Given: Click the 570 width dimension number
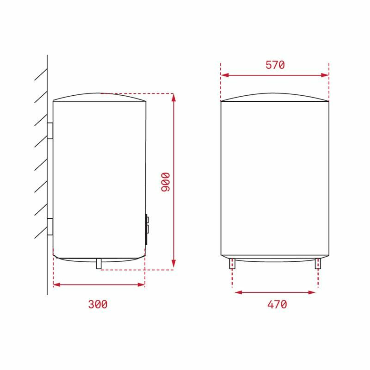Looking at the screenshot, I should pyautogui.click(x=275, y=65).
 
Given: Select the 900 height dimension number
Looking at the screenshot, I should pyautogui.click(x=166, y=183).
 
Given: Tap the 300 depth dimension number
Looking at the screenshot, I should pyautogui.click(x=98, y=304).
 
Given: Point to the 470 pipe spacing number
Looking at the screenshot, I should pyautogui.click(x=277, y=304).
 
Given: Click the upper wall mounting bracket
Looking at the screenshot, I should pyautogui.click(x=50, y=130).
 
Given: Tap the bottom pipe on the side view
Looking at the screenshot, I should pyautogui.click(x=99, y=264).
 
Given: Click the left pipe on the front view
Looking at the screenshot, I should pyautogui.click(x=232, y=264).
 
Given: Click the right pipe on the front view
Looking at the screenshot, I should pyautogui.click(x=318, y=264).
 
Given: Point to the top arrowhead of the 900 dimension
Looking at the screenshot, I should pyautogui.click(x=173, y=97).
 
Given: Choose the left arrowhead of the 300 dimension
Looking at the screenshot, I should pyautogui.click(x=56, y=284).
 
